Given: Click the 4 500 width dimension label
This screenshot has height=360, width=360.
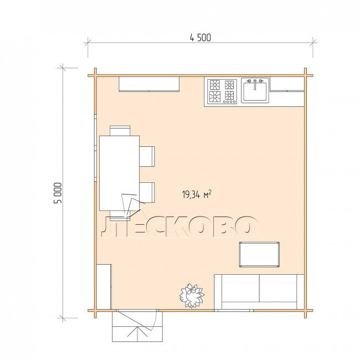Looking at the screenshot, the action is click(x=200, y=38).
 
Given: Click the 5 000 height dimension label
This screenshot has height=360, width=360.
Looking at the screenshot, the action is click(x=58, y=193).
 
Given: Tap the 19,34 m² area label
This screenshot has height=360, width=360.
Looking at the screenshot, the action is click(x=197, y=194).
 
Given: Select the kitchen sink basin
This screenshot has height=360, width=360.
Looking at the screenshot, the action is click(x=255, y=91).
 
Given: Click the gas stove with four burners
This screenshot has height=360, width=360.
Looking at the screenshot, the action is click(x=222, y=91).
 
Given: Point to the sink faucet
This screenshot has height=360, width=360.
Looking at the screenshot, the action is click(x=255, y=84).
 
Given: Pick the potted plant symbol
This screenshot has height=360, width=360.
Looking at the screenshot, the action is click(x=192, y=296).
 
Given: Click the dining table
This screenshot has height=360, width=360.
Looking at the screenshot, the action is click(x=120, y=173).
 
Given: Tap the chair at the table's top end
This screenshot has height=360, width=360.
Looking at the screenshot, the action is click(x=120, y=131).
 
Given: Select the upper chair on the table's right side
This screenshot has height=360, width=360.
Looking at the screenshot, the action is click(x=147, y=156).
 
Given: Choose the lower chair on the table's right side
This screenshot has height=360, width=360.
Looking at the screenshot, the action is click(x=147, y=192).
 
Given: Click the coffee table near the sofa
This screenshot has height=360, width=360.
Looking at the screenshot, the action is click(x=259, y=254).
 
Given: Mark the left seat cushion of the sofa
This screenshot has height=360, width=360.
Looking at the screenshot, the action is click(x=240, y=288).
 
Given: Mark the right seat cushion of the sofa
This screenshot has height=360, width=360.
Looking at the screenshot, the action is click(x=278, y=288).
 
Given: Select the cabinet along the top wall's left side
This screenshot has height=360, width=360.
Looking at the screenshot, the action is click(x=149, y=84).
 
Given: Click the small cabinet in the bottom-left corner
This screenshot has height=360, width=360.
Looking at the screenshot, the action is click(x=104, y=287).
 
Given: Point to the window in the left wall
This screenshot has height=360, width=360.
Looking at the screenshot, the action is click(x=95, y=148).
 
